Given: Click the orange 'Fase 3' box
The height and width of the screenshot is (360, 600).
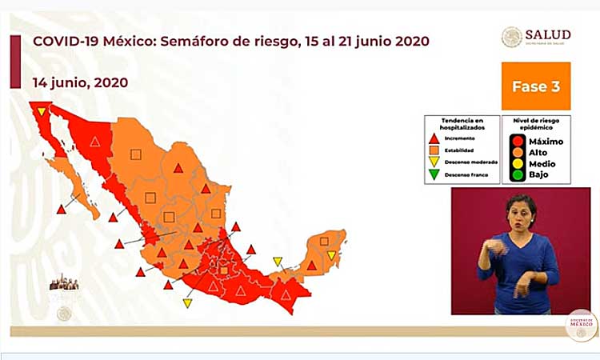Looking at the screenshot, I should [535, 86].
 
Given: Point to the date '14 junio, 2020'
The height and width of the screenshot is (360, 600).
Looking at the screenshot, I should [80, 82].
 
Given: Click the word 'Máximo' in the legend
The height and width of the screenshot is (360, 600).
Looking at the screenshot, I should [546, 142].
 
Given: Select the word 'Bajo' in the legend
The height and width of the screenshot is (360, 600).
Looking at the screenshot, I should [540, 174].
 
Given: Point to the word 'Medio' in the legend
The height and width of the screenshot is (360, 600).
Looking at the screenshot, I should [542, 163].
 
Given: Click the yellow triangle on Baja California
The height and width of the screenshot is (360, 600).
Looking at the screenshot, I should [41, 112].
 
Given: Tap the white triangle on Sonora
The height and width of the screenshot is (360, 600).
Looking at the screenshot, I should [94, 142].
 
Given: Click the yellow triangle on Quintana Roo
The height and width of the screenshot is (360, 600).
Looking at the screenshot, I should [331, 255].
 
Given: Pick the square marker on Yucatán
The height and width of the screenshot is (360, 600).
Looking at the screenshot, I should [324, 240].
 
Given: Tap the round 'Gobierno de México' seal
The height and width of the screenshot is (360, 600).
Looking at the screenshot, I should [582, 326].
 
